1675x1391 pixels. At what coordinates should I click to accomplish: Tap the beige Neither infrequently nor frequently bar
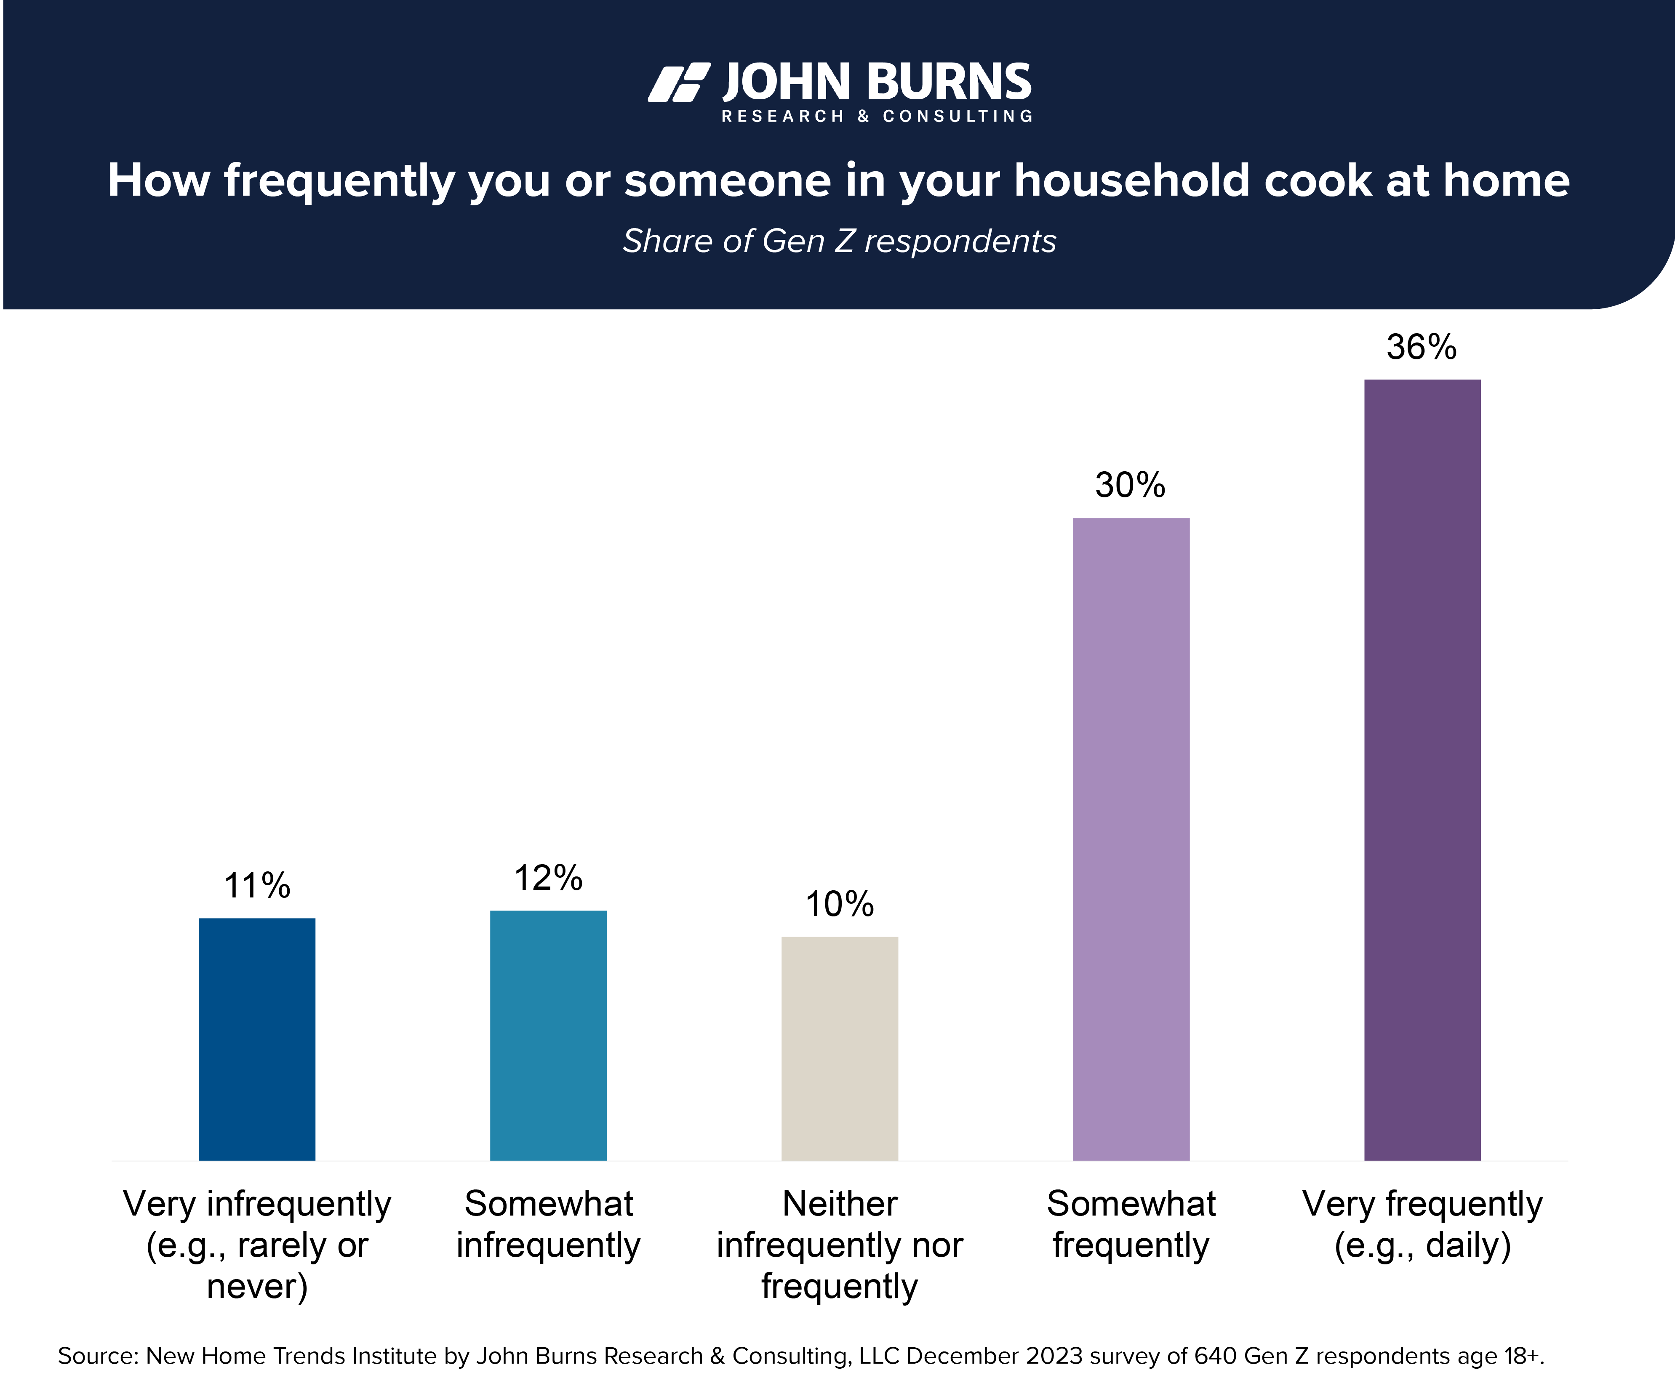click(x=839, y=1048)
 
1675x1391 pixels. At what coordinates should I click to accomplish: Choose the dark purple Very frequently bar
click(x=1422, y=769)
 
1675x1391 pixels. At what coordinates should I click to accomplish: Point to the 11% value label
click(x=257, y=886)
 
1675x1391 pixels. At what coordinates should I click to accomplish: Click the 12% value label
click(x=548, y=878)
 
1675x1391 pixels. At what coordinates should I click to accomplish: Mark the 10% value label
click(x=839, y=904)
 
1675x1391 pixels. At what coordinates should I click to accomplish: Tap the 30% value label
click(x=1130, y=485)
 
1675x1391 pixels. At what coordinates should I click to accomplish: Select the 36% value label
click(x=1422, y=347)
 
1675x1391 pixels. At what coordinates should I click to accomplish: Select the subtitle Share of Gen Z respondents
click(x=839, y=241)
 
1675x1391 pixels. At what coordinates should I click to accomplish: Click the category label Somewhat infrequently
click(x=548, y=1224)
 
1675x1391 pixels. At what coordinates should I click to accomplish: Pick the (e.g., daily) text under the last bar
click(x=1422, y=1245)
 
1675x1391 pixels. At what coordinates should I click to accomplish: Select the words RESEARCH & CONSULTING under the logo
click(x=877, y=117)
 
